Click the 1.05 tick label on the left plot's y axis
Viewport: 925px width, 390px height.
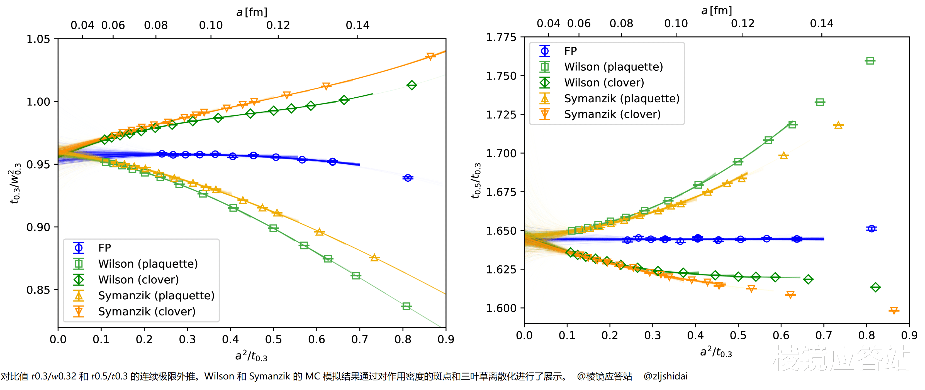tap(38, 39)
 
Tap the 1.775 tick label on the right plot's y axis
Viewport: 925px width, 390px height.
tap(501, 37)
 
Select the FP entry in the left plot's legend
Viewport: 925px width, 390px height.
tap(104, 248)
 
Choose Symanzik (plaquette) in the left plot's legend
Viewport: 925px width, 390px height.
tap(156, 296)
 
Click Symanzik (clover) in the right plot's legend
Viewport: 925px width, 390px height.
tap(612, 114)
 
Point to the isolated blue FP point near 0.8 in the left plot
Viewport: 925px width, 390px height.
tap(408, 178)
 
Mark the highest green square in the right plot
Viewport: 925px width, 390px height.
tap(870, 61)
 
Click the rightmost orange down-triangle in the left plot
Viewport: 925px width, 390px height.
tap(430, 56)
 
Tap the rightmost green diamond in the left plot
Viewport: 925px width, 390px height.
tap(412, 85)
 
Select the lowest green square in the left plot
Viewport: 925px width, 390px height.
tap(406, 306)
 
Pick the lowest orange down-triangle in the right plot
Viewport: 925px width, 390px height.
tap(894, 310)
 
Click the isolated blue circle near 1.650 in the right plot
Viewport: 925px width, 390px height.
tap(871, 229)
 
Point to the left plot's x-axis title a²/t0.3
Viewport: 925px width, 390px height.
tap(251, 356)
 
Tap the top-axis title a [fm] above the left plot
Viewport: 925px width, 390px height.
tap(252, 12)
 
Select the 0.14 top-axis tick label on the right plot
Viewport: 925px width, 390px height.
tap(821, 24)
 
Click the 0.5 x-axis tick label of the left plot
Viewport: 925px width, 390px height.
tap(273, 339)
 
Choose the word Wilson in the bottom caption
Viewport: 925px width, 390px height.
tap(219, 376)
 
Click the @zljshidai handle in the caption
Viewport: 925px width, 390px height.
tap(665, 376)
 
